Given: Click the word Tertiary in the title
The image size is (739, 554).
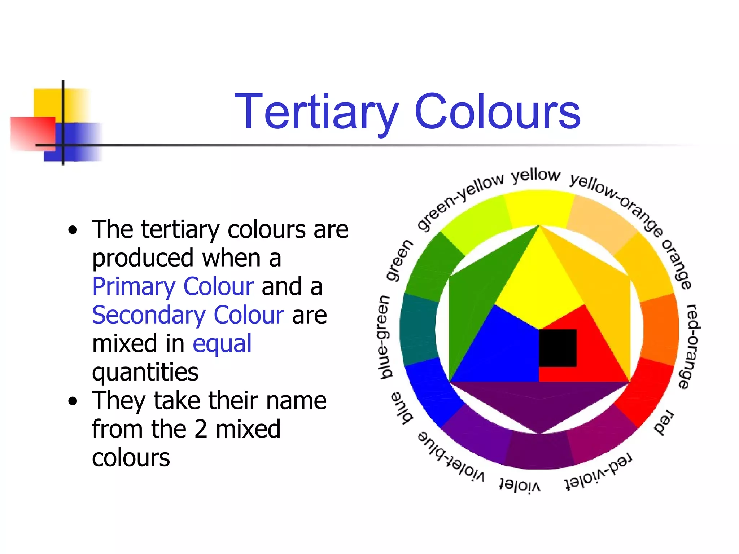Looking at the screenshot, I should click(x=316, y=112).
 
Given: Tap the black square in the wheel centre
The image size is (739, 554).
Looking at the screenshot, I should click(x=557, y=348).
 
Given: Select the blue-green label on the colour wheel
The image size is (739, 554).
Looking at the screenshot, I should click(x=385, y=338).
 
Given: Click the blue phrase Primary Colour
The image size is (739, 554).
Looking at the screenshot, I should click(x=173, y=287).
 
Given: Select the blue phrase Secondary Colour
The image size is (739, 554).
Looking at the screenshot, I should click(x=188, y=315).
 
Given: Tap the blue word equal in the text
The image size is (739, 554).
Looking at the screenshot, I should click(x=222, y=343).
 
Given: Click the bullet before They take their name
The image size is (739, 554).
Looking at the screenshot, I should click(x=73, y=401).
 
